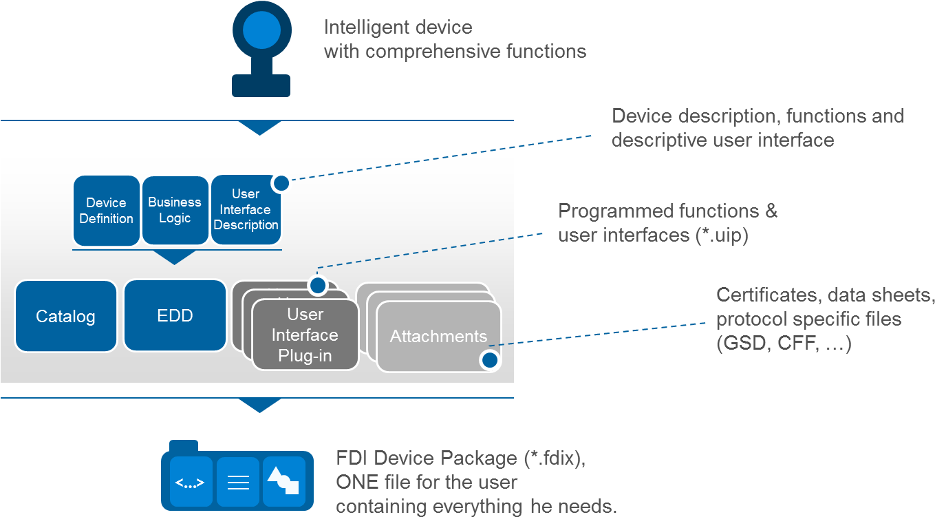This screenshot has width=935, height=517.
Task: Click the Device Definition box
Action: coord(106,211)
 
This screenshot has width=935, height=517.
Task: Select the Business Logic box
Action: coord(175,210)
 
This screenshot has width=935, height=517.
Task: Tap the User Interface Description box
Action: coord(246,210)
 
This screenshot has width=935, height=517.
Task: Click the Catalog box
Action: coord(65,317)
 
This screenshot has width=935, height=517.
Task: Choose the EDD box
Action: coord(175,316)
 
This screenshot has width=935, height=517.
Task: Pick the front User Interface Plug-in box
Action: coord(305,335)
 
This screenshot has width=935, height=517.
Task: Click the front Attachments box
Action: coord(438,337)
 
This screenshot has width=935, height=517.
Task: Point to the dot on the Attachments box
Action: coord(489,359)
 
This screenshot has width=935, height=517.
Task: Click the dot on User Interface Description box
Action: coord(281,183)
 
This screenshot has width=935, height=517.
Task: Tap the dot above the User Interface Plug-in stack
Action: coord(317,285)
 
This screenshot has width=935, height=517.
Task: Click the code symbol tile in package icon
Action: coord(191,483)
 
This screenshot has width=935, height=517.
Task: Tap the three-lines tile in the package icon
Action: coord(238,483)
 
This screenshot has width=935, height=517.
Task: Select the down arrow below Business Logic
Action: coord(175,257)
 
